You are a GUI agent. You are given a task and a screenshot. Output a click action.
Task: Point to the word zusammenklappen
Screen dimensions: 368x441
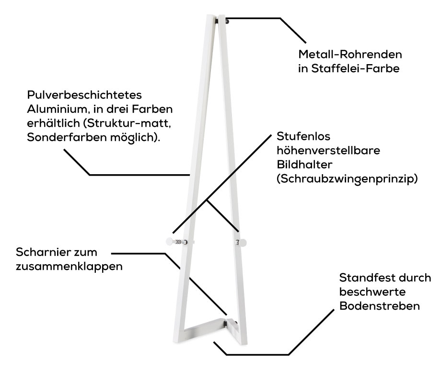[69, 266]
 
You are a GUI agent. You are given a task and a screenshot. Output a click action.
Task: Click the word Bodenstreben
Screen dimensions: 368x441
[380, 306]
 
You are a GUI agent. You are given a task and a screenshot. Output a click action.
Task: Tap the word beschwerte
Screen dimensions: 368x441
[367, 292]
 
